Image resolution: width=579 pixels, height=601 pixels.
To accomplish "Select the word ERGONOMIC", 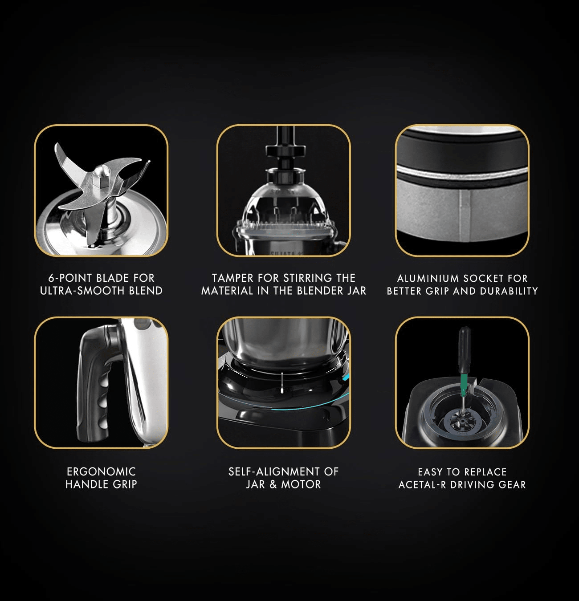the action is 102,471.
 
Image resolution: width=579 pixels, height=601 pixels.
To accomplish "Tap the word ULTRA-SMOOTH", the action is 82,291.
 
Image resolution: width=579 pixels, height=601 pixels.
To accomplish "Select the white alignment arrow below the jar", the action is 282,383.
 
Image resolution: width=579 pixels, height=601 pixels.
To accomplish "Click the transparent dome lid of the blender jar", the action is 284,204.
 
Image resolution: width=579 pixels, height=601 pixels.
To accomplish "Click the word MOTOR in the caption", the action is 301,484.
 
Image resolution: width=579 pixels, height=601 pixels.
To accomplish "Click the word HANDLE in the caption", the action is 86,484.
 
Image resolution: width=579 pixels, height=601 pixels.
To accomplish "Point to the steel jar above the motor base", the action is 283,340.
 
